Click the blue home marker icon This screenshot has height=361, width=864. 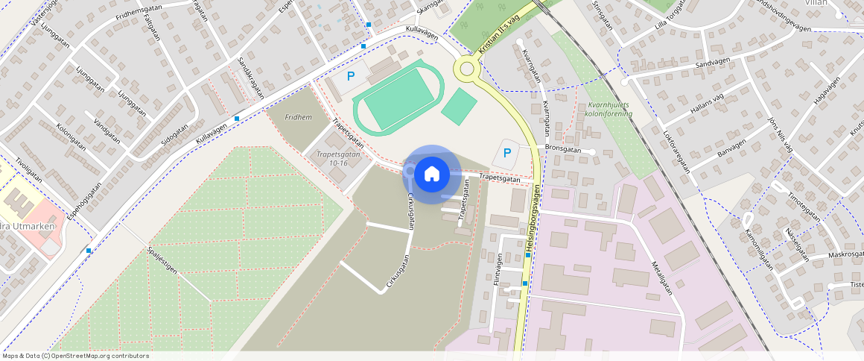[x=431, y=174]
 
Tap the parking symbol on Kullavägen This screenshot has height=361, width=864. [x=351, y=76]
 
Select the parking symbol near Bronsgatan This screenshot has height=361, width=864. [x=507, y=154]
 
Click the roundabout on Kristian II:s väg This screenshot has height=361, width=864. [x=467, y=69]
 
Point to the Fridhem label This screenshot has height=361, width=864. [x=298, y=117]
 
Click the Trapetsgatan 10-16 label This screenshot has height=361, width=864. [x=333, y=159]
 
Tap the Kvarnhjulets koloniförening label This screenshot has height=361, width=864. [x=609, y=110]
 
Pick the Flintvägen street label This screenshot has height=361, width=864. [x=498, y=274]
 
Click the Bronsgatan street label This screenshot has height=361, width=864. [x=563, y=148]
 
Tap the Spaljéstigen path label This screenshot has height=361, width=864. [x=162, y=260]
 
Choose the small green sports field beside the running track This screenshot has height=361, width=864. [x=459, y=107]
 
